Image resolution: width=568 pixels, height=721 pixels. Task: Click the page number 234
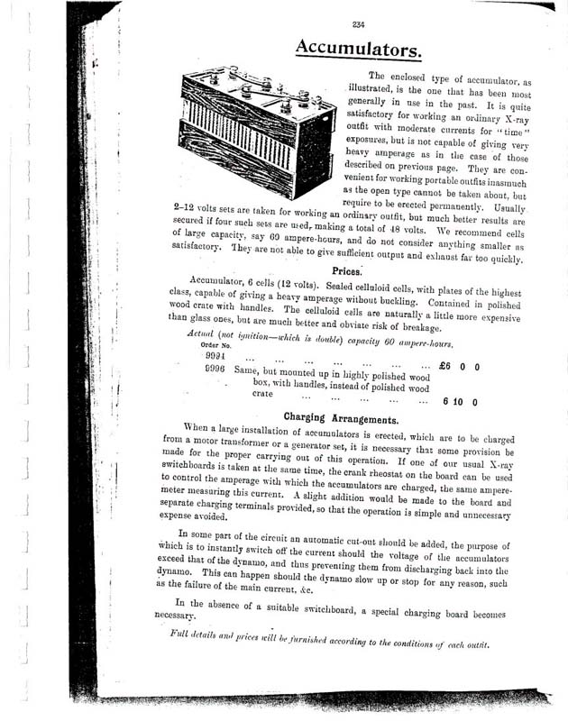[359, 24]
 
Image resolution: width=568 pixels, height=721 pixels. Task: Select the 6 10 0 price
[460, 400]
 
